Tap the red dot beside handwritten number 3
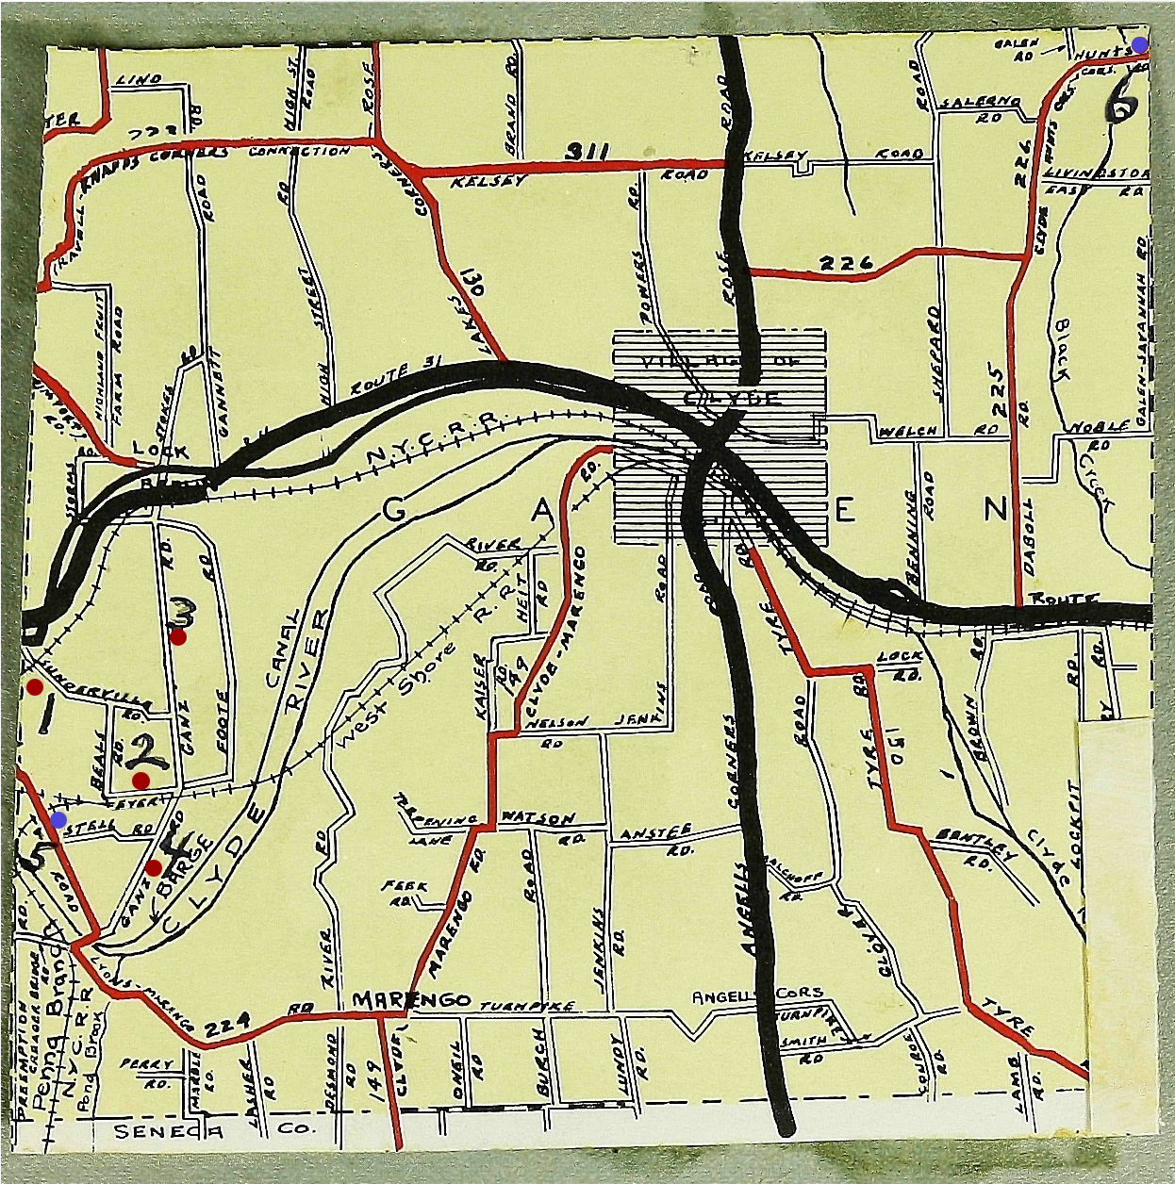tap(177, 636)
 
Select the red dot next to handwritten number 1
tap(34, 686)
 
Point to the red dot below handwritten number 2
tap(141, 781)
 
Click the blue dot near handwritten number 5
tap(58, 819)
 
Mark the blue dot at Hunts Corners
tap(1140, 44)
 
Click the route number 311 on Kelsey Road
tap(587, 152)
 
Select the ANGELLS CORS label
tap(757, 996)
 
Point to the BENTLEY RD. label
tap(976, 846)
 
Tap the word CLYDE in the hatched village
tap(731, 398)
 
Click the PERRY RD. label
tap(147, 1071)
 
